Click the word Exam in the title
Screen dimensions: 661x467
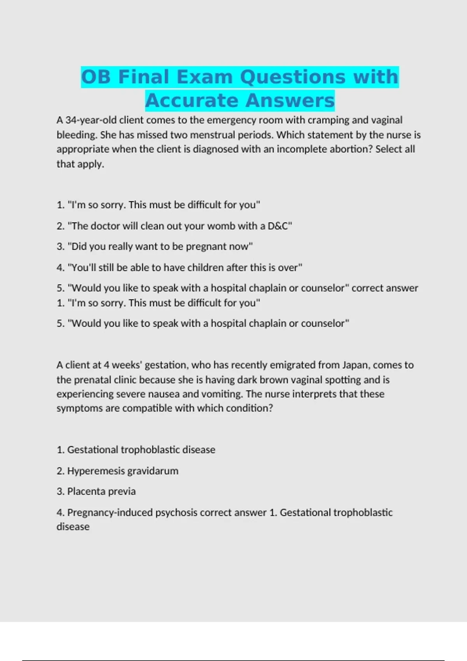pyautogui.click(x=205, y=77)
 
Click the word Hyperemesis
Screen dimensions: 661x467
pyautogui.click(x=96, y=471)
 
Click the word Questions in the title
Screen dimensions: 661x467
pyautogui.click(x=293, y=77)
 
